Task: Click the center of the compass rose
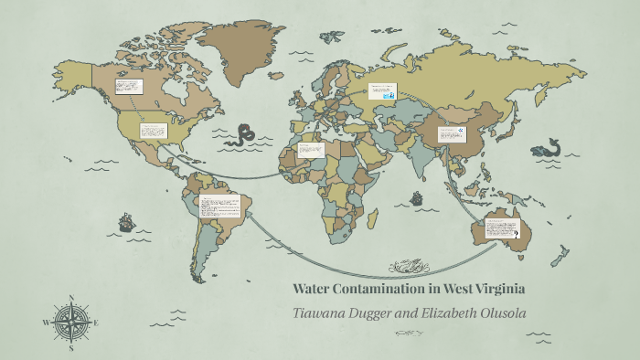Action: point(71,323)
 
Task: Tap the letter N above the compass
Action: point(71,298)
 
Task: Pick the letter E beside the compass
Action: point(96,323)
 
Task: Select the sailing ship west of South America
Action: point(125,222)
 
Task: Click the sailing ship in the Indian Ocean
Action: point(417,197)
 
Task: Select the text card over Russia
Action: point(381,92)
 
